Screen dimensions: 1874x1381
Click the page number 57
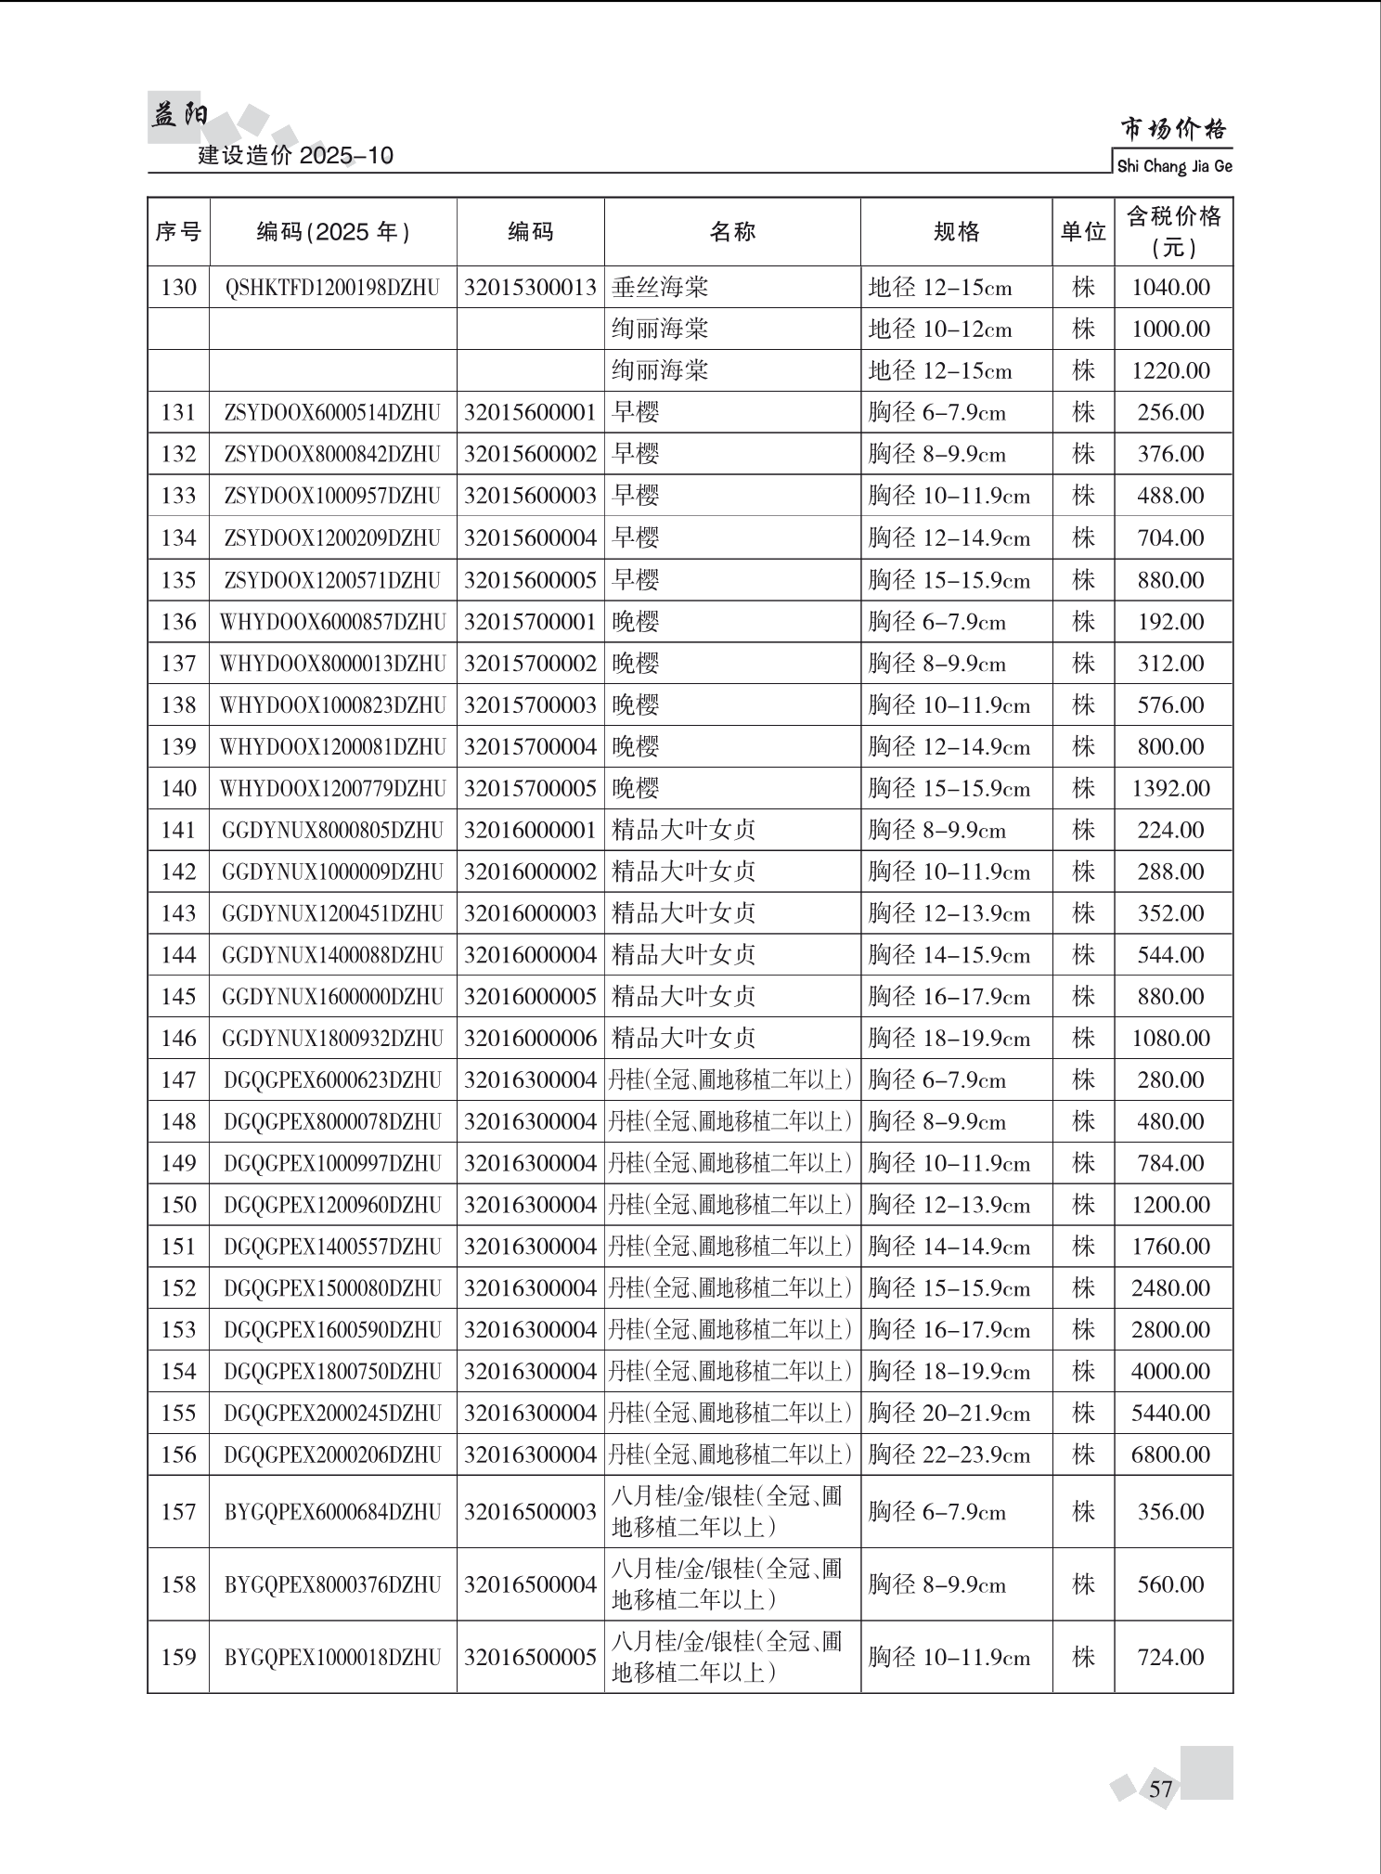pyautogui.click(x=1160, y=1790)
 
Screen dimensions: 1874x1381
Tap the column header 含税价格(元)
pyautogui.click(x=1173, y=232)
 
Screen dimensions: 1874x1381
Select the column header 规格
pyautogui.click(x=956, y=232)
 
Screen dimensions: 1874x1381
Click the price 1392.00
pyautogui.click(x=1171, y=789)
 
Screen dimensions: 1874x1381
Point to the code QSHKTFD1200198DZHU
pyautogui.click(x=332, y=288)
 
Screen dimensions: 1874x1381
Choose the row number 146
pyautogui.click(x=178, y=1039)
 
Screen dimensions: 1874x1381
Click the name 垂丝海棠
pyautogui.click(x=660, y=288)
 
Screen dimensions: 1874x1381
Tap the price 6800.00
pyautogui.click(x=1171, y=1455)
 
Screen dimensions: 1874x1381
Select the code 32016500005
pyautogui.click(x=530, y=1658)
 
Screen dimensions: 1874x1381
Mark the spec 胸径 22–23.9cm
pyautogui.click(x=949, y=1455)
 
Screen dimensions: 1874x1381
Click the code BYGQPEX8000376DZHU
pyautogui.click(x=332, y=1584)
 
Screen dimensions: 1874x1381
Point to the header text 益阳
pyautogui.click(x=179, y=116)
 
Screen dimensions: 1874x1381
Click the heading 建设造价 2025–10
pyautogui.click(x=296, y=155)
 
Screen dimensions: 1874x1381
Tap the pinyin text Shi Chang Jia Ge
pyautogui.click(x=1174, y=167)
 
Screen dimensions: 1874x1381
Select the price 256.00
pyautogui.click(x=1171, y=413)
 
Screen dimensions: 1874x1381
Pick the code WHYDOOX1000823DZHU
pyautogui.click(x=332, y=705)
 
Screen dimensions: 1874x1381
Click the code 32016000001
pyautogui.click(x=530, y=831)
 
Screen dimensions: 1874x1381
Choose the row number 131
pyautogui.click(x=178, y=413)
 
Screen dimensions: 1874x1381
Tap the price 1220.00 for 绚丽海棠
pyautogui.click(x=1171, y=371)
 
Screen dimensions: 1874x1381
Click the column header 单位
pyautogui.click(x=1083, y=232)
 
